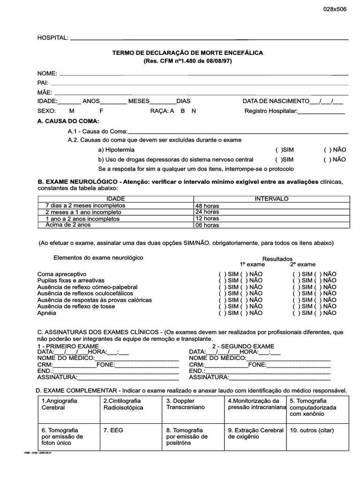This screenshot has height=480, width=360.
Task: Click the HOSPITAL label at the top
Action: (x=52, y=37)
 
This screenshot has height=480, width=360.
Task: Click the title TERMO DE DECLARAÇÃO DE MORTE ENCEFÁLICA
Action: (x=187, y=53)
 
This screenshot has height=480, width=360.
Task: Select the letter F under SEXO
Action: (x=101, y=111)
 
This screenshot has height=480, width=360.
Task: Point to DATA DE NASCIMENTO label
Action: (x=276, y=101)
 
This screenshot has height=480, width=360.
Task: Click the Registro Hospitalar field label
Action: (x=271, y=111)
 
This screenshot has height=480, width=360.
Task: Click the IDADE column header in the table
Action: (x=116, y=199)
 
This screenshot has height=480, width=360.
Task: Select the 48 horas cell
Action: (x=207, y=206)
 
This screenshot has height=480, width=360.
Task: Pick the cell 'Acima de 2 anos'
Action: (x=68, y=225)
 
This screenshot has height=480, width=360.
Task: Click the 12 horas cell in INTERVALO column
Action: (x=207, y=218)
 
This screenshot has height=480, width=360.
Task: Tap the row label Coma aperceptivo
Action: (x=62, y=274)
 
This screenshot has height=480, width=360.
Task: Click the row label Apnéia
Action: (x=47, y=313)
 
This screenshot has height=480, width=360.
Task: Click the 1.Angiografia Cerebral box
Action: (x=68, y=407)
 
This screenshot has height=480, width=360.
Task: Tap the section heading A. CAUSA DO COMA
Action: (x=68, y=121)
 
